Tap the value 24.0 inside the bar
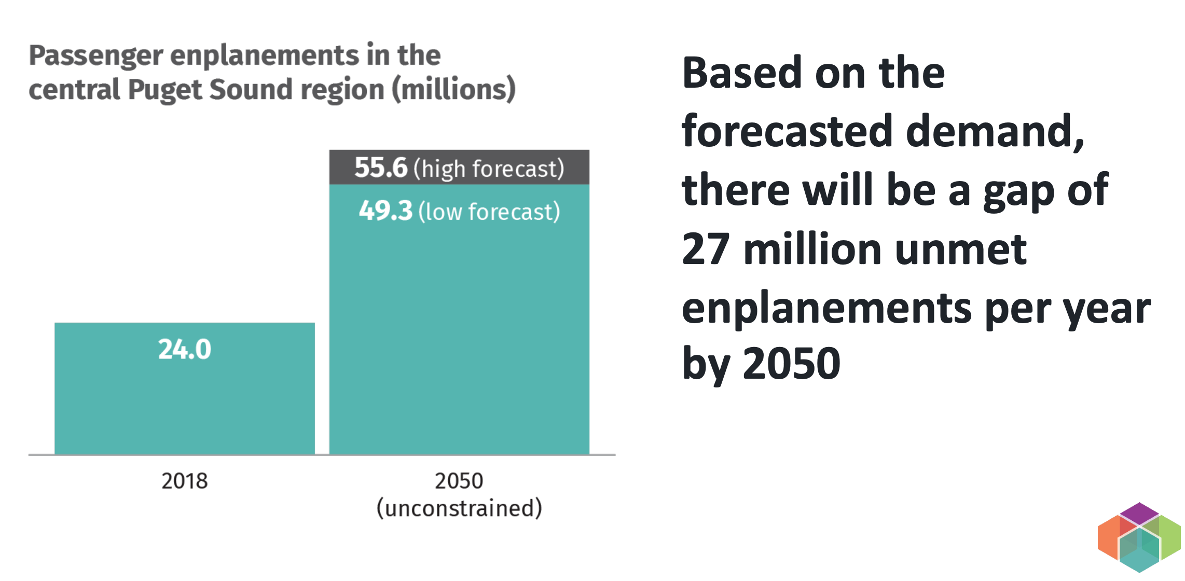pos(185,349)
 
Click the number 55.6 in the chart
pos(381,168)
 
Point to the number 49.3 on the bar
pos(385,211)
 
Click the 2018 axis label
pos(184,481)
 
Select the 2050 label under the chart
pos(459,481)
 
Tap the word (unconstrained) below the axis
pos(459,508)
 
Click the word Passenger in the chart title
pos(95,56)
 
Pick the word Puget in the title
pos(164,90)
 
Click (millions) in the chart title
pos(453,89)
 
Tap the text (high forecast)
pos(488,169)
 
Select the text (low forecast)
pos(489,212)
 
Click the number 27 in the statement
pos(706,250)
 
